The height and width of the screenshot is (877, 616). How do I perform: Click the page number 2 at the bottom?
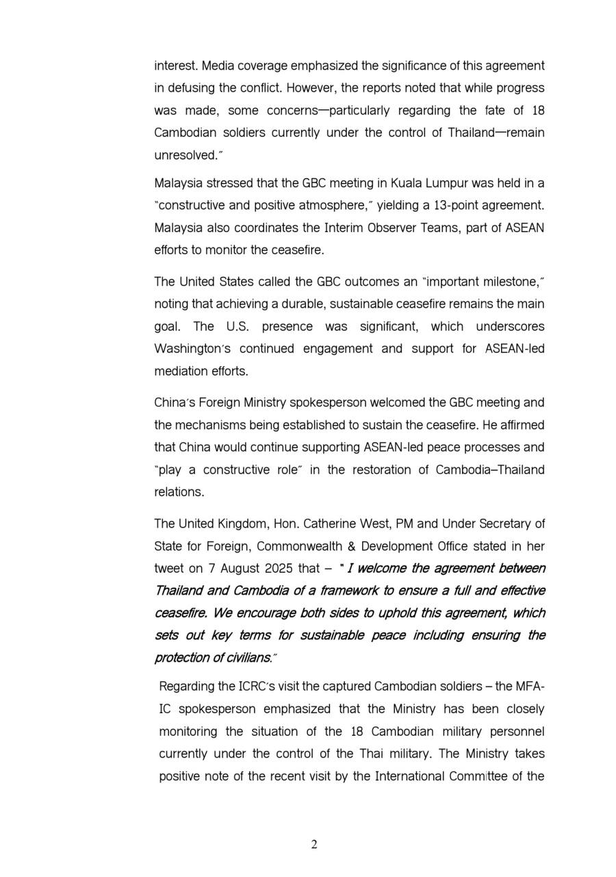(314, 845)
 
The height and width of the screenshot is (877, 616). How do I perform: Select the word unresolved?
(185, 156)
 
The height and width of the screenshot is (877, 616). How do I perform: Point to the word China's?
(175, 402)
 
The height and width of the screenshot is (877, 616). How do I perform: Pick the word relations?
(179, 492)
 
